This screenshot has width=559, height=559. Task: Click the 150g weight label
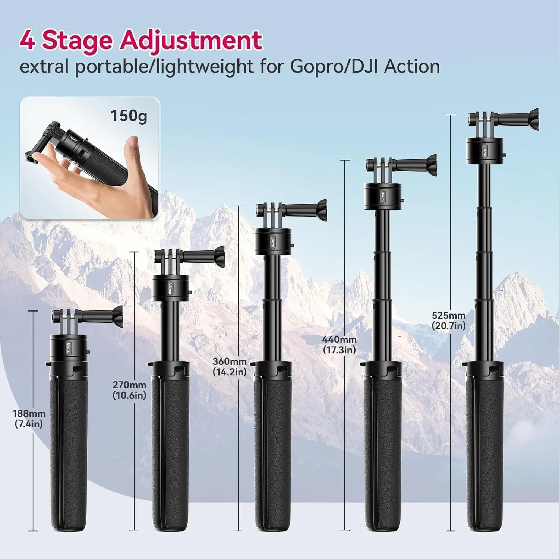(129, 116)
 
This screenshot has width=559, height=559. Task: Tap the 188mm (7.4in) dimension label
(29, 419)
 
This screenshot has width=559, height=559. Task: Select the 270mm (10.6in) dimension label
(129, 390)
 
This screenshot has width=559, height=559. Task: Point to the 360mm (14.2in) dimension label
(230, 367)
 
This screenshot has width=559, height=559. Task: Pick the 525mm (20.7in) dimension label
(449, 320)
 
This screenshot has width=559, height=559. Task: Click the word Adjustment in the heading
(191, 40)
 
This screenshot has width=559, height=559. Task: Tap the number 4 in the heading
(27, 40)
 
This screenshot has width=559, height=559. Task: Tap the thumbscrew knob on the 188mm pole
(116, 316)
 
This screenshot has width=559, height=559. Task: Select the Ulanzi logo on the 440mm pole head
(383, 196)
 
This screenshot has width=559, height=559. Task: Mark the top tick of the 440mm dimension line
(345, 160)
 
